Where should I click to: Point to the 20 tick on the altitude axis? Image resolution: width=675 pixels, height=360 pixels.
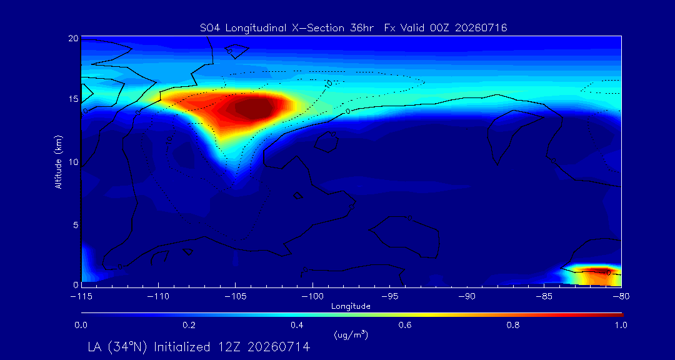(x=73, y=38)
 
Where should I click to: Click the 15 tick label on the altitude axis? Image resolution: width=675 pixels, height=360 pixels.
(x=74, y=99)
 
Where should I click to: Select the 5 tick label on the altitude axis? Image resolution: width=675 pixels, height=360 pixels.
(x=76, y=225)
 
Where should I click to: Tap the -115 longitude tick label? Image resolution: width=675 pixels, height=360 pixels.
(x=81, y=297)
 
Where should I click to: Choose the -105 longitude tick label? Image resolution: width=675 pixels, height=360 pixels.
(x=235, y=297)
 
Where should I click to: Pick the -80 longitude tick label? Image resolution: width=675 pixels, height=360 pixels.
(x=621, y=297)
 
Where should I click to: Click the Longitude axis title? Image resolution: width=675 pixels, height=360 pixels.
(x=351, y=307)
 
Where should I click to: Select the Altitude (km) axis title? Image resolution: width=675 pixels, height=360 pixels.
(x=59, y=161)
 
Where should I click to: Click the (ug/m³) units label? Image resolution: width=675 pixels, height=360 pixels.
(x=351, y=334)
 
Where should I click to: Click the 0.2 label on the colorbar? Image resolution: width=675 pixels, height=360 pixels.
(x=189, y=325)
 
